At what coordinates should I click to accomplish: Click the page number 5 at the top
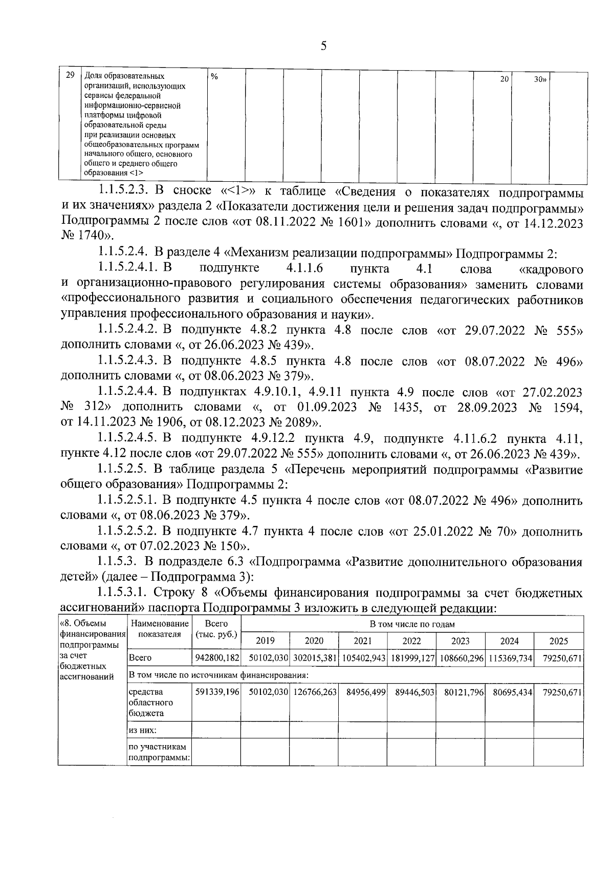(323, 46)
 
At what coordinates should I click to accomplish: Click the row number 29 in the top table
(71, 75)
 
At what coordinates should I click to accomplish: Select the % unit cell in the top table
(214, 77)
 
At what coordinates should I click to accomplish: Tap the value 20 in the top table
(504, 79)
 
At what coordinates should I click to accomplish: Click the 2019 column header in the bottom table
(265, 641)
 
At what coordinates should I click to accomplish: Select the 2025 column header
(559, 641)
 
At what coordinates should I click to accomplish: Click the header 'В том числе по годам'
(412, 624)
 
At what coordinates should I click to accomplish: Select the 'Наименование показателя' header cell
(159, 629)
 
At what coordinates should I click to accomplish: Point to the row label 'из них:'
(143, 730)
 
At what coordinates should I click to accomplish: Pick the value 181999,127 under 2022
(412, 658)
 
